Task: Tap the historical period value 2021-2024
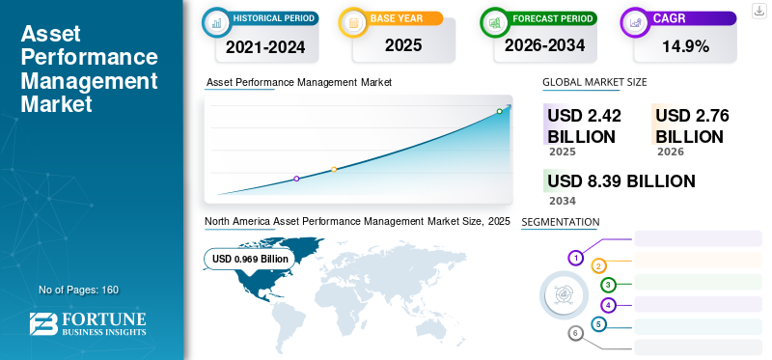coord(264,44)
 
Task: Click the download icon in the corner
coord(758,11)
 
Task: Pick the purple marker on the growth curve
coord(296,179)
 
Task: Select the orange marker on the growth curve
coord(334,169)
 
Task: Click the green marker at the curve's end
coord(499,111)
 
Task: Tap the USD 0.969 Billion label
coord(251,259)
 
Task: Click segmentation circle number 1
coord(575,258)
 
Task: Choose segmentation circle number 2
coord(598,266)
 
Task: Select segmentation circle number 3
coord(608,285)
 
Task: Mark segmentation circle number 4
coord(608,305)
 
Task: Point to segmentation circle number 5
coord(598,324)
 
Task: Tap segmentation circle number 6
coord(575,333)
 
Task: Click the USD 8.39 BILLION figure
coord(620,181)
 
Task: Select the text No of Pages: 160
coord(78,290)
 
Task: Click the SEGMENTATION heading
coord(560,222)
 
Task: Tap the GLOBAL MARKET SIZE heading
coord(594,82)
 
